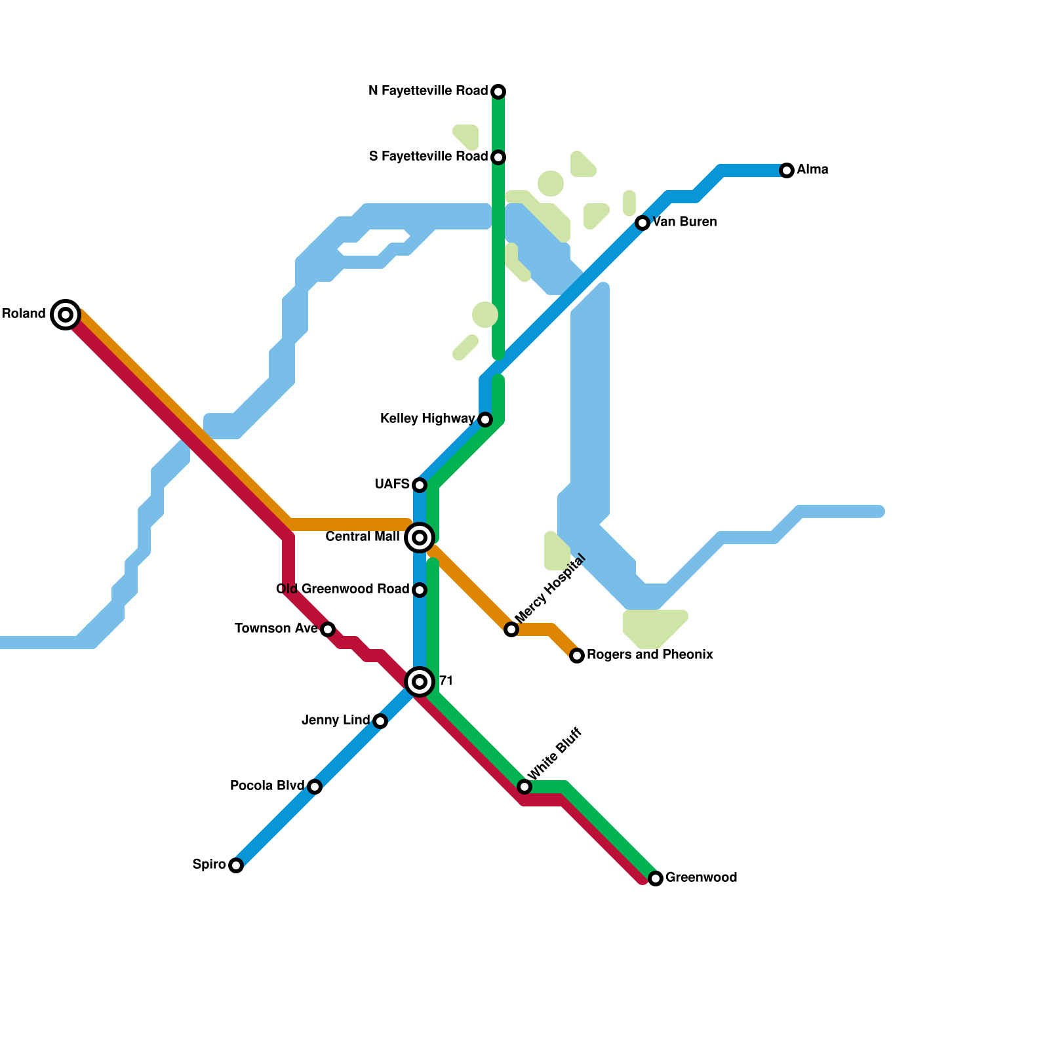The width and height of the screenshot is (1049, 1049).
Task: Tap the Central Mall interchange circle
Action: click(x=420, y=538)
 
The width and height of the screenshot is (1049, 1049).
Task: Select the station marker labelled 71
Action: click(x=420, y=682)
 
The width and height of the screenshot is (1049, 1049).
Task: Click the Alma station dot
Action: click(x=787, y=170)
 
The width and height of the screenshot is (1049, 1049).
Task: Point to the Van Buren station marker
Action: click(x=643, y=223)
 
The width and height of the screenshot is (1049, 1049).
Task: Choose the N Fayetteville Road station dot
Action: click(x=498, y=92)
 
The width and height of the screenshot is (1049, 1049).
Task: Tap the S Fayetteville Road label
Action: click(x=428, y=157)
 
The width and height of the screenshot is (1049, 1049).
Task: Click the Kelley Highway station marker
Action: click(x=485, y=420)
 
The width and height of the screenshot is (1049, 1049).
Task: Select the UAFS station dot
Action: click(x=420, y=485)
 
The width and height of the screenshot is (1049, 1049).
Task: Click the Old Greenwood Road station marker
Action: click(x=420, y=590)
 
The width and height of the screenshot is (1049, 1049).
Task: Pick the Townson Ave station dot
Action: click(x=328, y=629)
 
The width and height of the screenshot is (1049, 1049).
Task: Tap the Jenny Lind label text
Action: click(x=336, y=721)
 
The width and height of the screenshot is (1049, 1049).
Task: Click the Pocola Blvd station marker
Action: click(x=315, y=787)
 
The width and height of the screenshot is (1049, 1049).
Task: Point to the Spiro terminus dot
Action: click(x=236, y=865)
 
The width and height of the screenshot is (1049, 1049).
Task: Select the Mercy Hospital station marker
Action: click(x=511, y=629)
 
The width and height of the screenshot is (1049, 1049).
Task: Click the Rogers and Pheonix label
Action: click(x=650, y=655)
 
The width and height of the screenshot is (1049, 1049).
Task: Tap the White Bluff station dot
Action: click(x=524, y=787)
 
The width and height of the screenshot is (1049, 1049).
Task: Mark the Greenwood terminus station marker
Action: click(x=656, y=879)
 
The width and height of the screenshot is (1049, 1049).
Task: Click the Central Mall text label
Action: click(x=362, y=537)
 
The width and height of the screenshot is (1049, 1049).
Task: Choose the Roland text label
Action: click(x=24, y=314)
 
